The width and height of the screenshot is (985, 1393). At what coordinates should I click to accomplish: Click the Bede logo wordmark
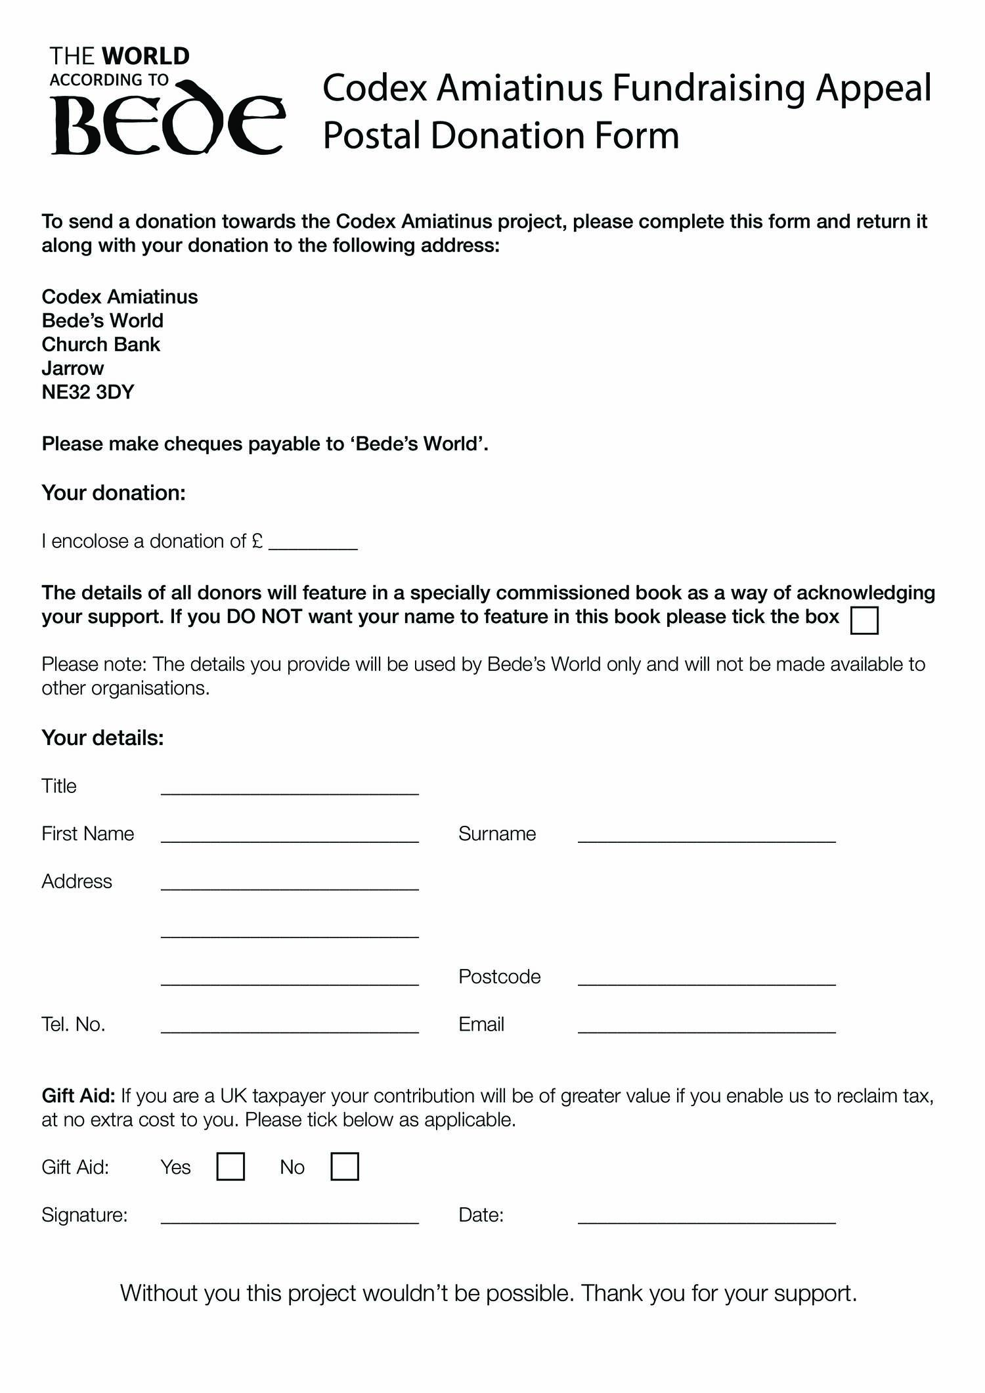point(168,121)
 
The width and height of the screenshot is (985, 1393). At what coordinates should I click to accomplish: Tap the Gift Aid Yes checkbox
point(230,1167)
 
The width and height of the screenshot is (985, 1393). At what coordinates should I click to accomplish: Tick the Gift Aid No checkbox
point(345,1167)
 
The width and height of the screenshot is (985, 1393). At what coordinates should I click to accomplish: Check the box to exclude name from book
point(864,620)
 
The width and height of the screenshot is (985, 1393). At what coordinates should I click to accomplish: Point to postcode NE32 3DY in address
point(88,392)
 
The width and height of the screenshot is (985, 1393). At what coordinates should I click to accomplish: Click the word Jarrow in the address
point(73,368)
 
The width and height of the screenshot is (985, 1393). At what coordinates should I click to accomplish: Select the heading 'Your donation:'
point(114,492)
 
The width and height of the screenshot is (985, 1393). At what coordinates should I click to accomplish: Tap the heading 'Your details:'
point(102,738)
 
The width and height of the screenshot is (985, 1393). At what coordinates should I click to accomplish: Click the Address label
point(77,881)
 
